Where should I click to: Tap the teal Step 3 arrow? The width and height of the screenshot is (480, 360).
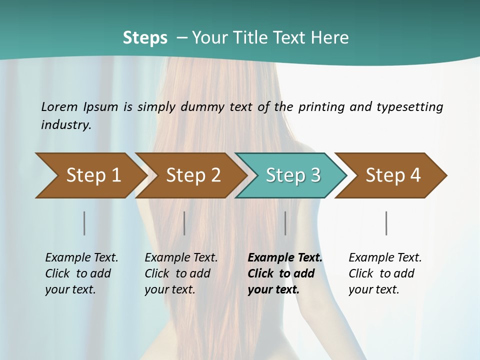[x=293, y=175]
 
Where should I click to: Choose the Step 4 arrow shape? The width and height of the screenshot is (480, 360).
[x=393, y=175]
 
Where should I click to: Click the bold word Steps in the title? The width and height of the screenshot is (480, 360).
[x=145, y=38]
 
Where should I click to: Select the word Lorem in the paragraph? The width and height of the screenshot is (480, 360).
[x=59, y=106]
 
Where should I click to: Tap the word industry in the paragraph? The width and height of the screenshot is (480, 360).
[x=65, y=125]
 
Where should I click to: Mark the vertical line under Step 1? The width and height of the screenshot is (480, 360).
[x=84, y=223]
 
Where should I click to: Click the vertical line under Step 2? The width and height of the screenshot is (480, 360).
[x=184, y=223]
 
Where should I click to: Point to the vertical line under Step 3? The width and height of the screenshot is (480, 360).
[x=285, y=223]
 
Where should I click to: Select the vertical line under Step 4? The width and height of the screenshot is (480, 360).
[x=386, y=223]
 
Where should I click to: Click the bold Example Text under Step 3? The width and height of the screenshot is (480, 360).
[x=285, y=258]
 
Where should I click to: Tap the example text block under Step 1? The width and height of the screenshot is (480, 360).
[x=81, y=273]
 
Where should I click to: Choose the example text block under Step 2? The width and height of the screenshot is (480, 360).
[x=181, y=273]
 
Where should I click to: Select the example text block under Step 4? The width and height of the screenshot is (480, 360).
[x=385, y=273]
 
